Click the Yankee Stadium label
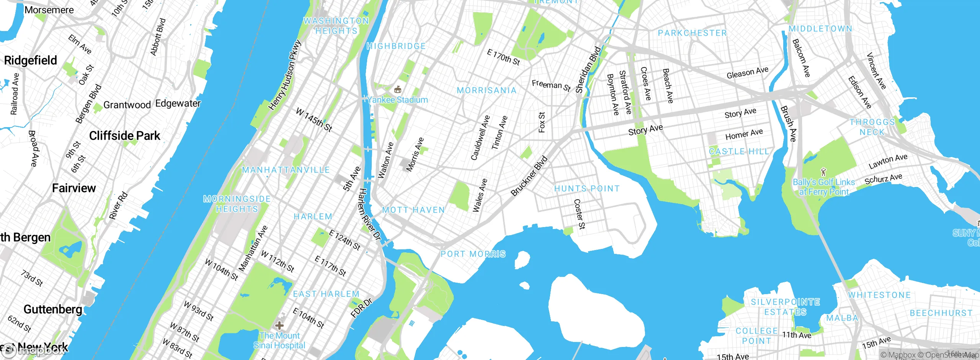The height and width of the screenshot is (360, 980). [398, 100]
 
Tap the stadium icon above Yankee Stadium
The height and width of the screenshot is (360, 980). [398, 90]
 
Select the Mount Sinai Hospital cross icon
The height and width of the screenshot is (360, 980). [279, 326]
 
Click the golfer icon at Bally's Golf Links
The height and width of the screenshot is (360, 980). [824, 172]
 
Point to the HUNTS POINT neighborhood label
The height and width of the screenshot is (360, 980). [587, 188]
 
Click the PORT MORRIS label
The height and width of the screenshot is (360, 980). [473, 254]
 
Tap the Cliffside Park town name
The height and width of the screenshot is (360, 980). [124, 136]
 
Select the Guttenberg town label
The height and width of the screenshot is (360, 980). [53, 309]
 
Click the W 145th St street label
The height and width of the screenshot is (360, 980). [314, 120]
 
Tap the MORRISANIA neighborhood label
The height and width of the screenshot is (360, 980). [487, 90]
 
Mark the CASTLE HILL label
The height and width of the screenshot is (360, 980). [739, 152]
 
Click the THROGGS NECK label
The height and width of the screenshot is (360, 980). [872, 127]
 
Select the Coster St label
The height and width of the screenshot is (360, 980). [579, 214]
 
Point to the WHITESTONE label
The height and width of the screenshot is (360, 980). [879, 295]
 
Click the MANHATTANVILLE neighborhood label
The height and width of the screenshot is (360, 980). [286, 170]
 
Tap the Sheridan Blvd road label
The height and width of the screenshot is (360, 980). [588, 70]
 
